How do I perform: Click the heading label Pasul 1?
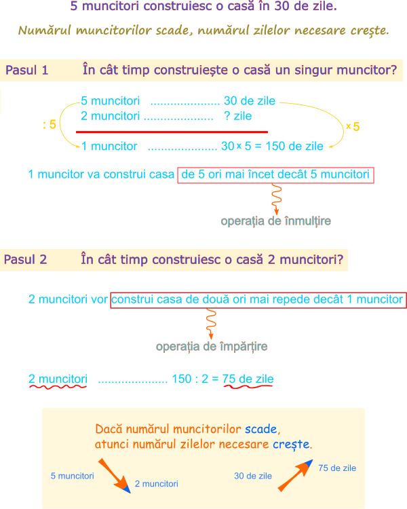pos(27,70)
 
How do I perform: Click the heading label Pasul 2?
pos(26,259)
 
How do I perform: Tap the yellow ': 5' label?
pos(50,124)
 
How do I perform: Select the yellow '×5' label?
pos(353,126)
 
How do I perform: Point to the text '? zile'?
pos(237,117)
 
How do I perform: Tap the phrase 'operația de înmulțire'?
pos(275,221)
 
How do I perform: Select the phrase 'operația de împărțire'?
pos(212,347)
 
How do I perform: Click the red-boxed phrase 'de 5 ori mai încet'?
pos(275,175)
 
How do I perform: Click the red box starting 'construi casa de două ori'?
pos(258,299)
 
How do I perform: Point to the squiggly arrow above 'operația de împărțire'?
pos(211,324)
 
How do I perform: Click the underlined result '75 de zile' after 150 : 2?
pos(248,379)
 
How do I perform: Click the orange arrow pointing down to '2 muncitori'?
pos(113,475)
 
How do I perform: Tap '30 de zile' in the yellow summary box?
pos(253,476)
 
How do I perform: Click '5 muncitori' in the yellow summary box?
pos(73,476)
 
